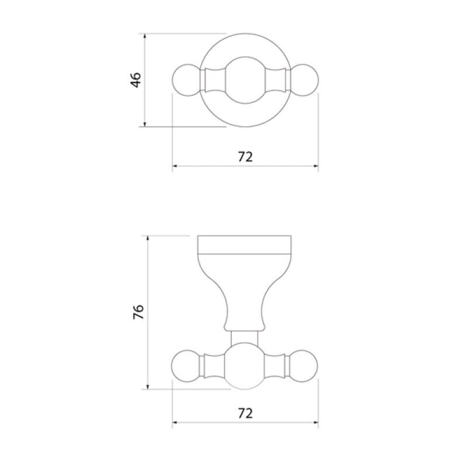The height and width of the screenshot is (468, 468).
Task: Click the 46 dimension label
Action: (x=136, y=80)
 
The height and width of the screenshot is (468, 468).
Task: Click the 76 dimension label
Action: (x=139, y=312)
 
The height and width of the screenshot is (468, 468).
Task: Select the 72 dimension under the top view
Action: (x=245, y=157)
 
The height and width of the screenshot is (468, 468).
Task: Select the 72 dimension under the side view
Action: (x=245, y=414)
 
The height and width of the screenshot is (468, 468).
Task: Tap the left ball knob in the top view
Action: (x=187, y=80)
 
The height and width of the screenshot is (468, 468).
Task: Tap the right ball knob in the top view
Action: (x=304, y=80)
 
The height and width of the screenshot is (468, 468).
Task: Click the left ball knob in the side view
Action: (x=185, y=366)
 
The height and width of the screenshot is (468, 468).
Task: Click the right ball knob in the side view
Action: (x=304, y=366)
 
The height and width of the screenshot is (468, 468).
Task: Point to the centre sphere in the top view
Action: (x=245, y=80)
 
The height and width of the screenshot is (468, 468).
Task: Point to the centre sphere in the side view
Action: (x=245, y=366)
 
